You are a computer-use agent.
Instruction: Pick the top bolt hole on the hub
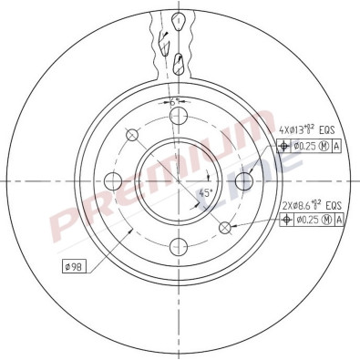click(180, 115)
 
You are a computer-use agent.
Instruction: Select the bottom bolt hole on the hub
click(180, 244)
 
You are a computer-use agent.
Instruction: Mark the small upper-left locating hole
click(133, 135)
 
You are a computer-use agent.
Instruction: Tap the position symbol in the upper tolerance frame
click(283, 145)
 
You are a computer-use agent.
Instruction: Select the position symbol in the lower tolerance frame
click(283, 220)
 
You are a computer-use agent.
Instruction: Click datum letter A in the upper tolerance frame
click(337, 145)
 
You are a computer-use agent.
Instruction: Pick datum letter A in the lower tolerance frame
click(337, 220)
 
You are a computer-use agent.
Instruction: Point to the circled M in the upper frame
click(324, 145)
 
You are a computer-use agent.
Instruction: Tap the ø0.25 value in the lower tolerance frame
click(303, 220)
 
